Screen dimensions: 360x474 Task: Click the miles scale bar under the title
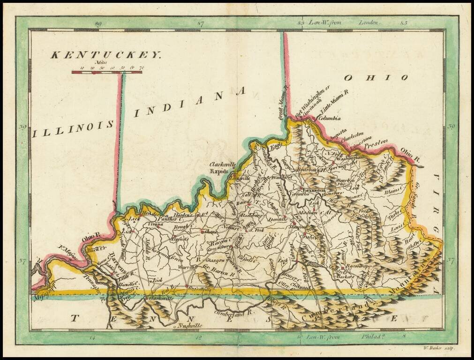[106, 72]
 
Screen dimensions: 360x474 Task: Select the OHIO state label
[376, 77]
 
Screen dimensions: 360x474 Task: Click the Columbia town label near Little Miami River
[329, 119]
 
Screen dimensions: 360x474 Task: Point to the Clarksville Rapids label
[223, 168]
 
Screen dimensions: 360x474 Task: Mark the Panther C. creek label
[168, 218]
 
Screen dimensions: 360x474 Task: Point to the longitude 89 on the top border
[98, 23]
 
